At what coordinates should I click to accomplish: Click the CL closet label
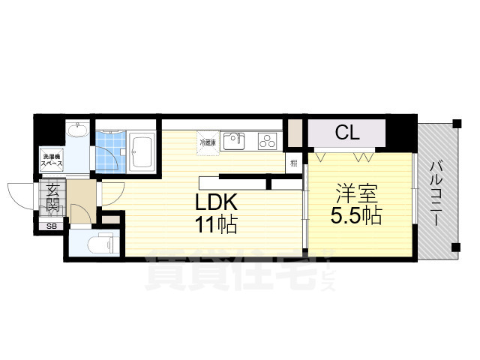(x=347, y=133)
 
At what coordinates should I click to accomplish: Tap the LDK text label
(x=217, y=202)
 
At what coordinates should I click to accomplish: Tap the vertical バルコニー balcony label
(x=435, y=187)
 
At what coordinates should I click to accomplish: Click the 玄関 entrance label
(x=52, y=199)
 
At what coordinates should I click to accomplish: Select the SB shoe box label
(x=52, y=226)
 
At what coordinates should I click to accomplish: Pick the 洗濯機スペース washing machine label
(x=52, y=160)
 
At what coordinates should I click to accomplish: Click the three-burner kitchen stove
(x=267, y=140)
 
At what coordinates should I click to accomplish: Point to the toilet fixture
(x=100, y=244)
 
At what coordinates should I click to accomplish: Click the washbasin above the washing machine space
(x=76, y=133)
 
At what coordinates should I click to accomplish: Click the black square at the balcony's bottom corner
(x=454, y=248)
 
